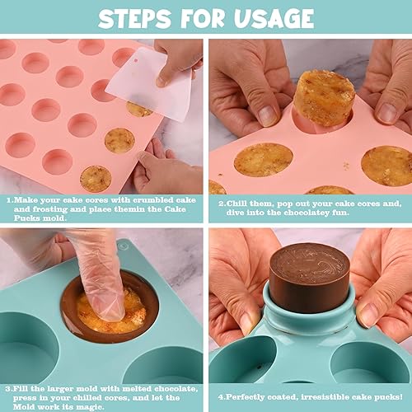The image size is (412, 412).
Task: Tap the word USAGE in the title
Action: tap(271, 18)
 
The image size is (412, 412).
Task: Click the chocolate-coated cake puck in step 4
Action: tap(310, 277)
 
